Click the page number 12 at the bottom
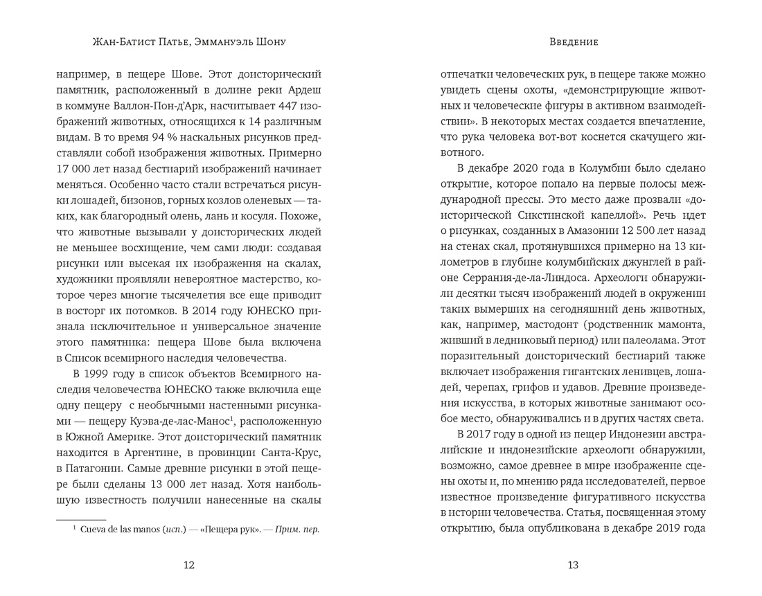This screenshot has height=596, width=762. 188,565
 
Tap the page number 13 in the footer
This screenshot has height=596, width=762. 572,565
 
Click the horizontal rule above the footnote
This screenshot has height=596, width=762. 81,518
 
